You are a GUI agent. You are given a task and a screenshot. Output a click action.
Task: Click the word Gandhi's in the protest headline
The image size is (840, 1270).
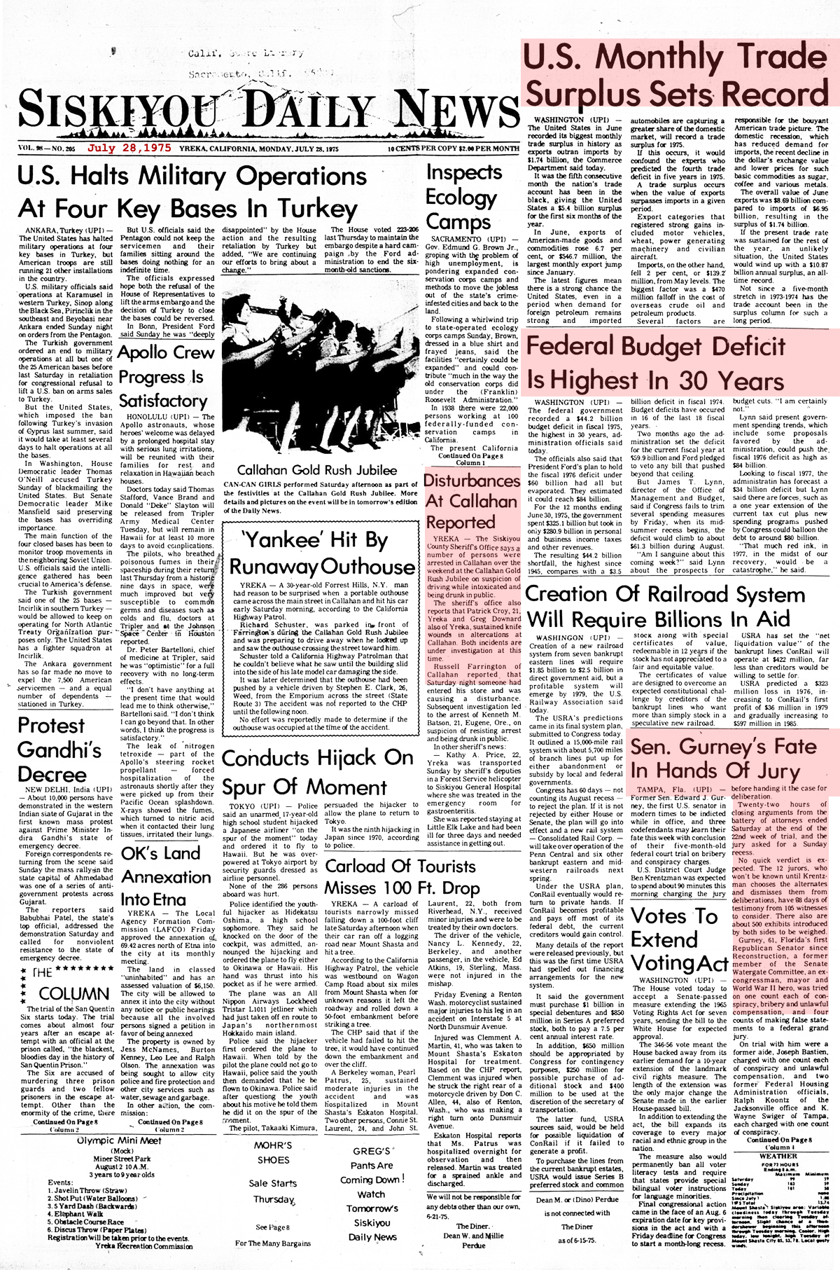coord(59,750)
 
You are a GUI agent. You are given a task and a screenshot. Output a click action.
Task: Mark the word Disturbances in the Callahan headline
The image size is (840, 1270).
coord(472,481)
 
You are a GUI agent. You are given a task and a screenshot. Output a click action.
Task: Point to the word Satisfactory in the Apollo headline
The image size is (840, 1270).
coord(163,401)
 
